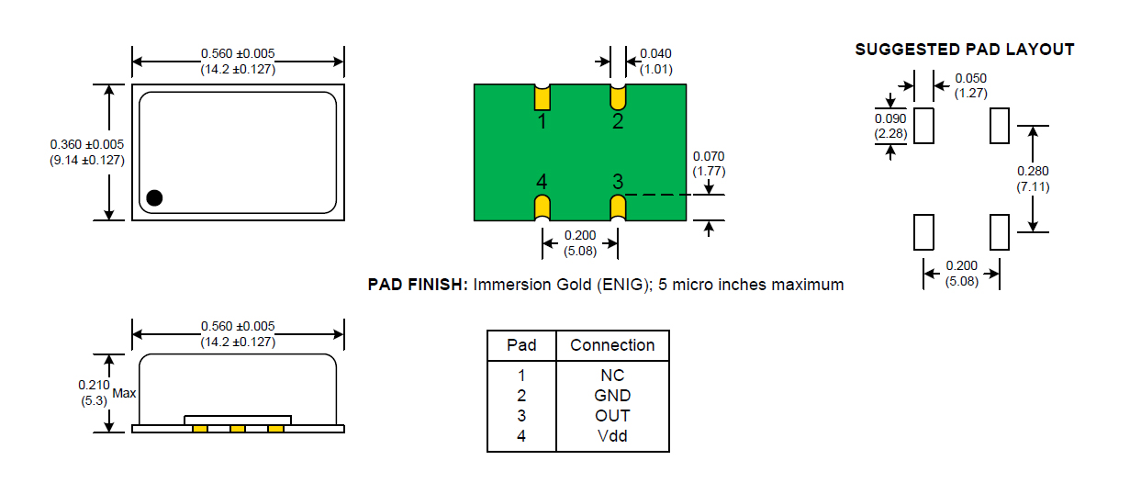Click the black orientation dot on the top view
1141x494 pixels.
click(x=154, y=197)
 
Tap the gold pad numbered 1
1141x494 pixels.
click(x=542, y=98)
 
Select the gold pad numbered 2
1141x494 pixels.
click(x=618, y=98)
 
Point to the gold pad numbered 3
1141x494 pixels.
click(x=618, y=208)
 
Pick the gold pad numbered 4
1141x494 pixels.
click(x=542, y=208)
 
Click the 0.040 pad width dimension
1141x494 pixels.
click(x=655, y=62)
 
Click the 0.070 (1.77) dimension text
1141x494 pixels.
click(x=709, y=163)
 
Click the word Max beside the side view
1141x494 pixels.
click(x=124, y=393)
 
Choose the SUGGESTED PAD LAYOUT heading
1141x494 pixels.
click(x=965, y=50)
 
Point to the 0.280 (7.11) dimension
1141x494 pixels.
click(x=1033, y=179)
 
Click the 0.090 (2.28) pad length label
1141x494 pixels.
click(x=890, y=126)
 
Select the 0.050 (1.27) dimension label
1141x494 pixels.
click(x=971, y=85)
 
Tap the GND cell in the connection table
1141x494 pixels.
click(x=612, y=395)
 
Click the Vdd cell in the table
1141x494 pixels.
click(x=612, y=436)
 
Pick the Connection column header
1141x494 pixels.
click(x=612, y=344)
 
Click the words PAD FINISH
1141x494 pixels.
click(x=418, y=284)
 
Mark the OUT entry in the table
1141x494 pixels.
click(x=612, y=416)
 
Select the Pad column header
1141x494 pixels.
click(x=521, y=344)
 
